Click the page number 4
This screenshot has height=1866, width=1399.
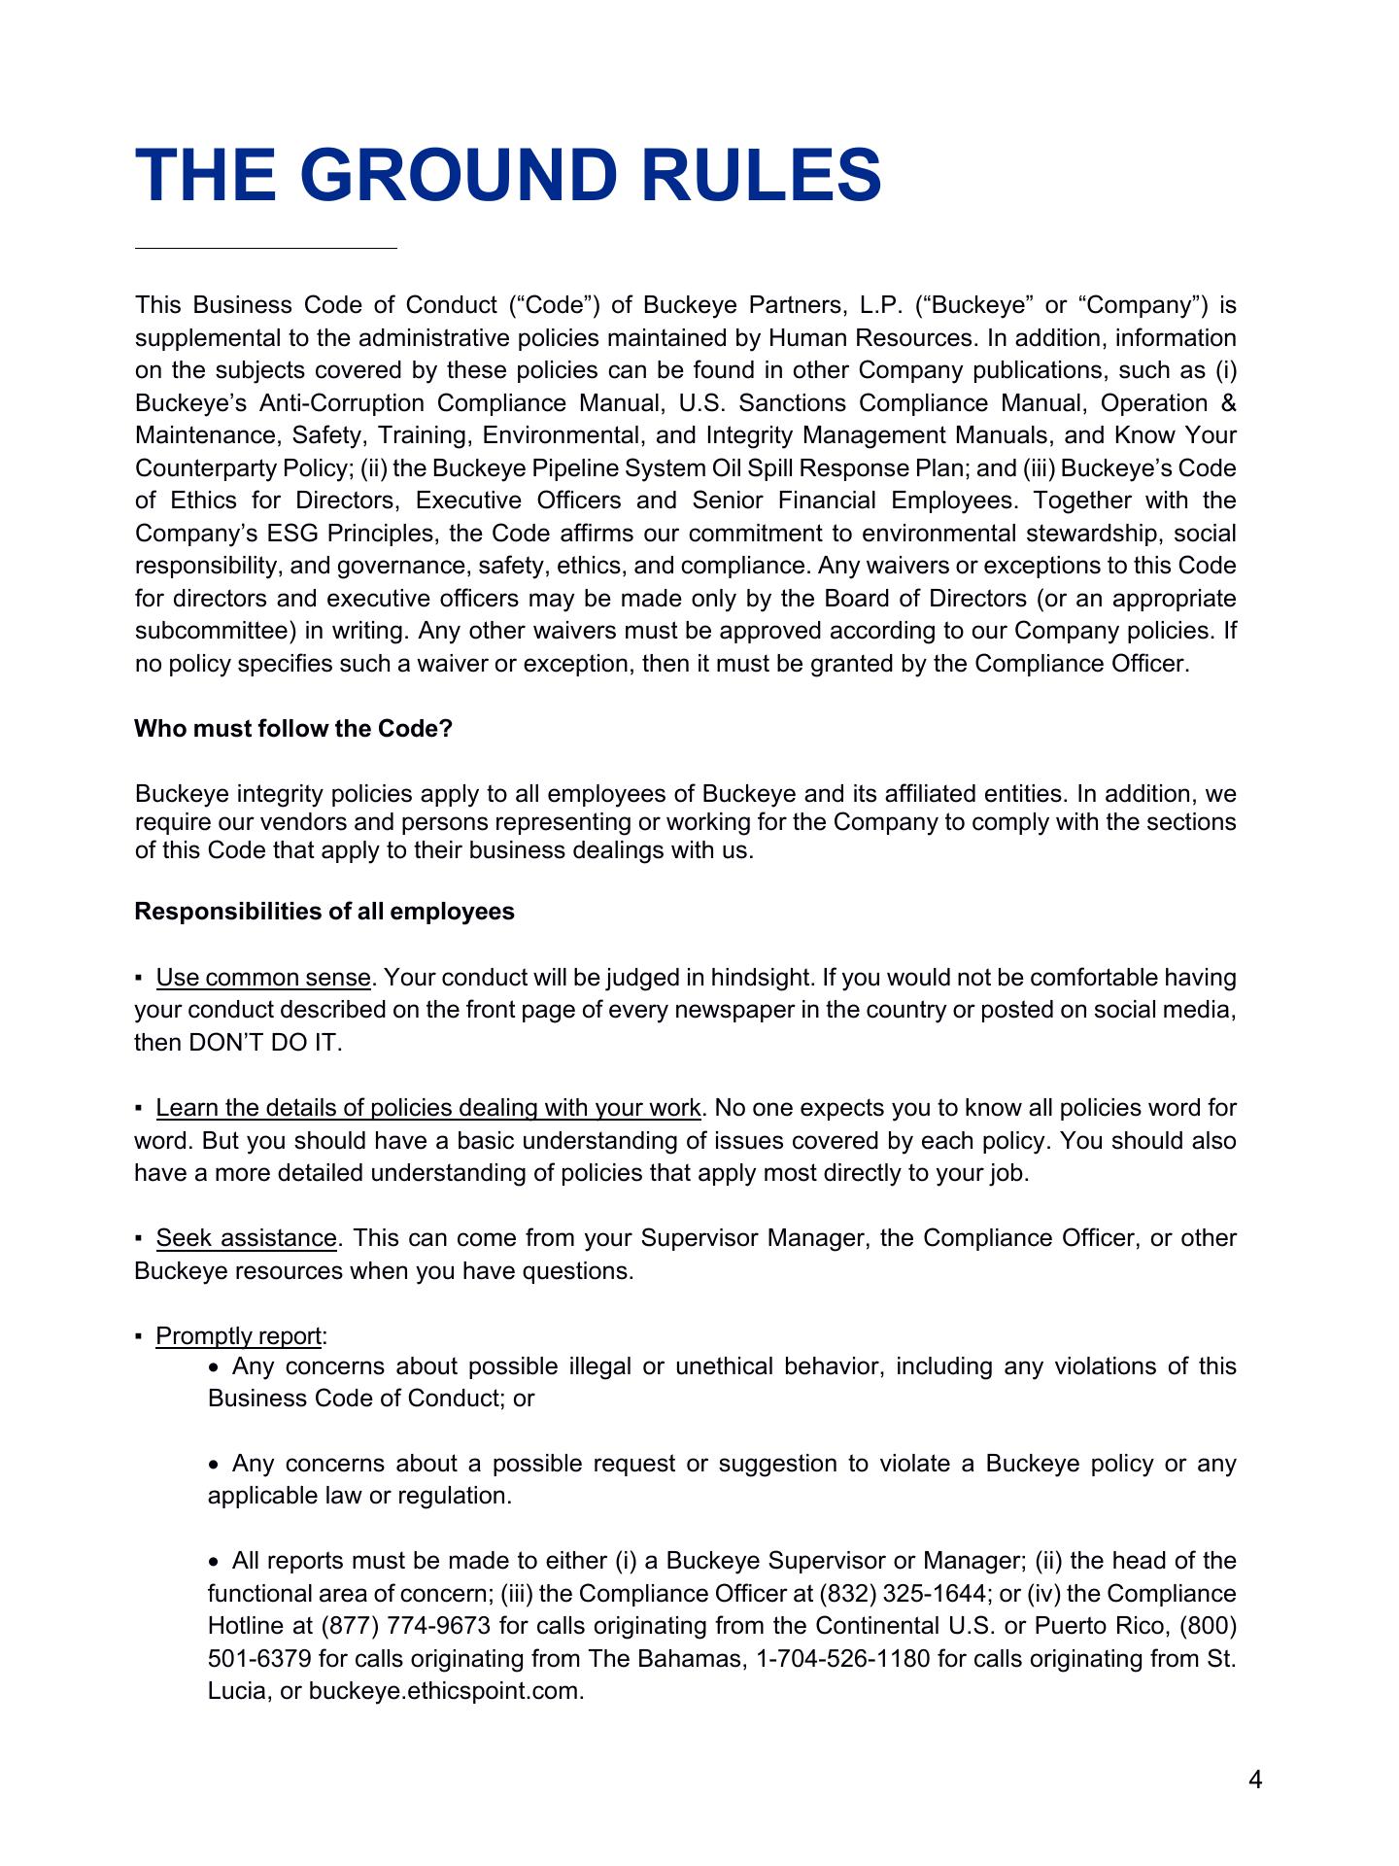tap(1255, 1780)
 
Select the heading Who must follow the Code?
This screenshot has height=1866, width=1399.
tap(293, 729)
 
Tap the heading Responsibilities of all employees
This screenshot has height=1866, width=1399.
tap(324, 912)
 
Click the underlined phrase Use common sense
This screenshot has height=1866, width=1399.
tap(263, 977)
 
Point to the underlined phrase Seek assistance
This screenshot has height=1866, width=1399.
tap(246, 1238)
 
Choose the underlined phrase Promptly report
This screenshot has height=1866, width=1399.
tap(238, 1336)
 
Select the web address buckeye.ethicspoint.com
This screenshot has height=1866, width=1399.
tap(446, 1691)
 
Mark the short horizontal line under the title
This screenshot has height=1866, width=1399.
tap(266, 249)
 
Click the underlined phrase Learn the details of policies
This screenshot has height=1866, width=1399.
tap(427, 1108)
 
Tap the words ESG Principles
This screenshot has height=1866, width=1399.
tap(355, 534)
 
